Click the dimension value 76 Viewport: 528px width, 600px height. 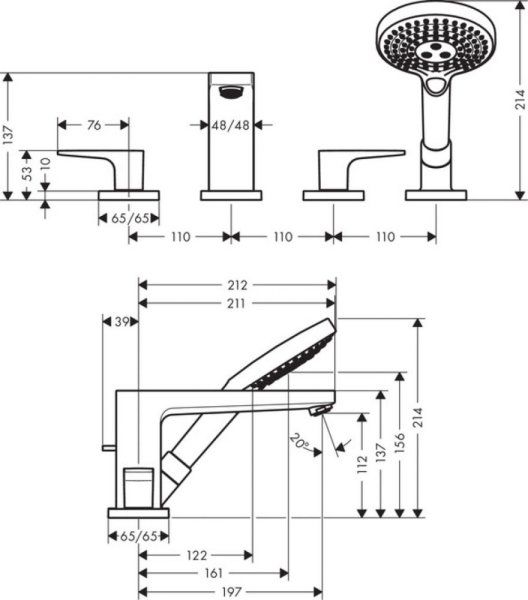click(x=93, y=125)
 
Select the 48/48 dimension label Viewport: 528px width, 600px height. click(x=231, y=125)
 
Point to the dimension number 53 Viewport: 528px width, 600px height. click(x=26, y=172)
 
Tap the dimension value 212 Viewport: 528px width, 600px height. click(x=236, y=284)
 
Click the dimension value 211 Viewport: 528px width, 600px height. click(x=236, y=302)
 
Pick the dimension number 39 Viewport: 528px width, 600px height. click(x=123, y=321)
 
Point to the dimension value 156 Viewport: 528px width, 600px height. click(x=400, y=444)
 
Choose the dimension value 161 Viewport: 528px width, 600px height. click(x=212, y=574)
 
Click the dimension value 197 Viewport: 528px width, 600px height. click(x=236, y=592)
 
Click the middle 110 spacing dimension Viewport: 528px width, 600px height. click(x=282, y=237)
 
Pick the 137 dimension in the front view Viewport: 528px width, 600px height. click(x=9, y=135)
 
